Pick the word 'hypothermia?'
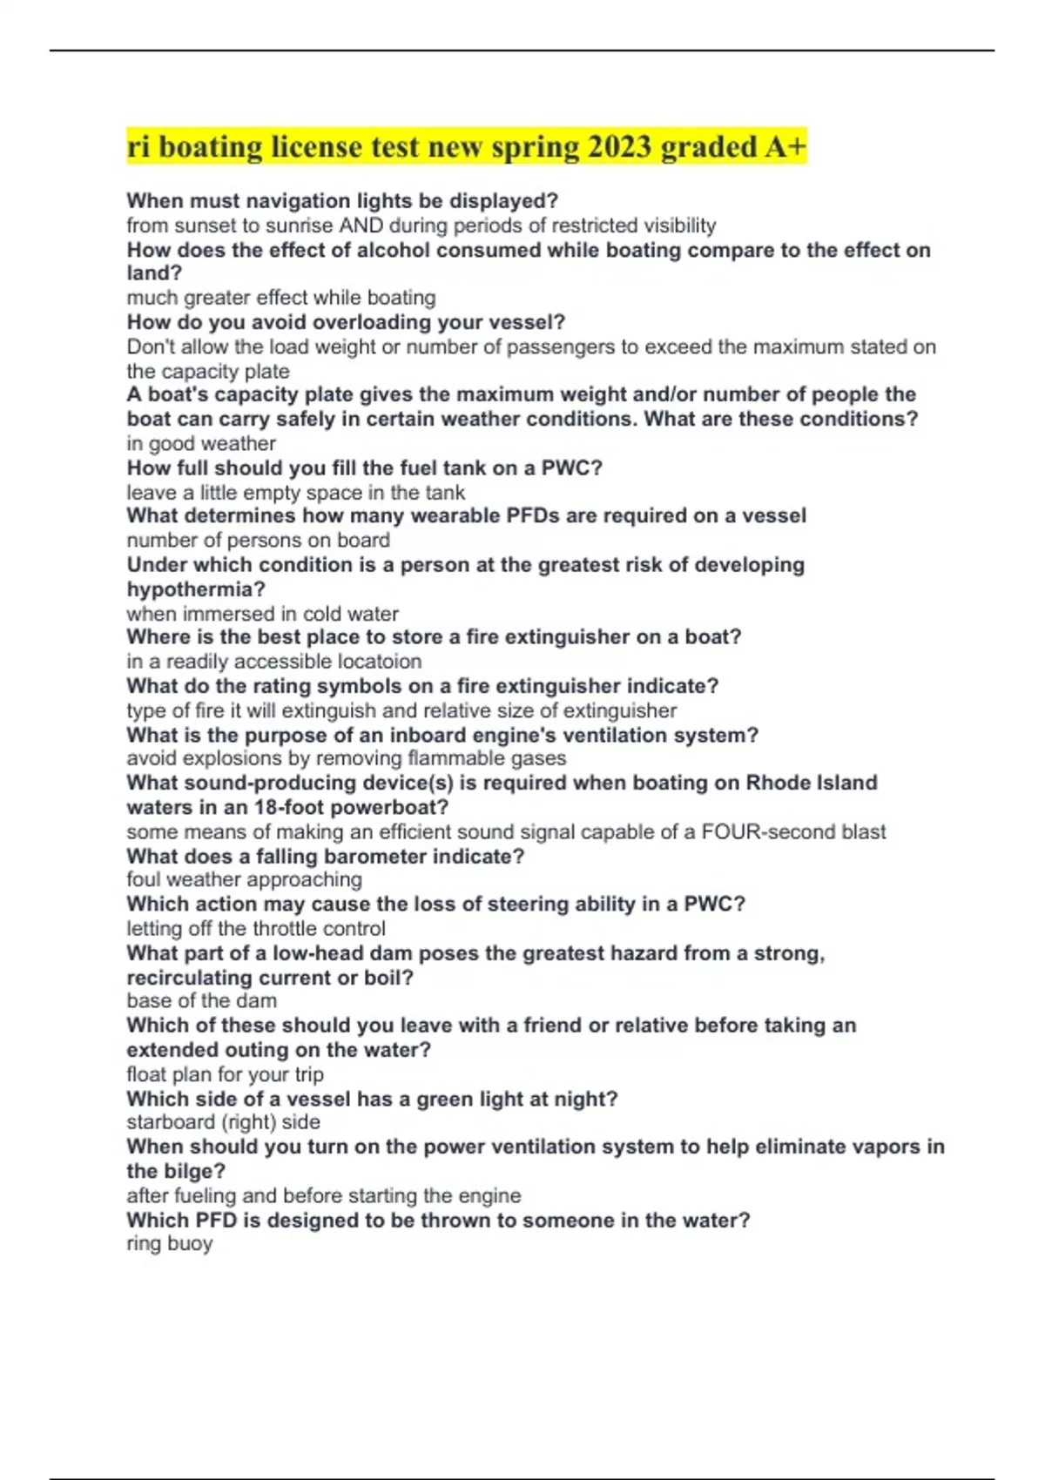click(x=196, y=589)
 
